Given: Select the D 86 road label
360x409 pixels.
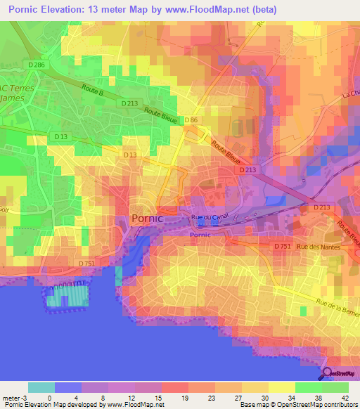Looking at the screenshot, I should [191, 121].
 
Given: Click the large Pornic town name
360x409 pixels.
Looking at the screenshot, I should [147, 219].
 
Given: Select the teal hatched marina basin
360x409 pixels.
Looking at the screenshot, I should [68, 297].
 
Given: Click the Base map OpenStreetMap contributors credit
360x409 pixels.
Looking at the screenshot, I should [297, 405].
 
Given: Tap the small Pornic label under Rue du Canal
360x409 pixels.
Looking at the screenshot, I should [200, 235].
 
